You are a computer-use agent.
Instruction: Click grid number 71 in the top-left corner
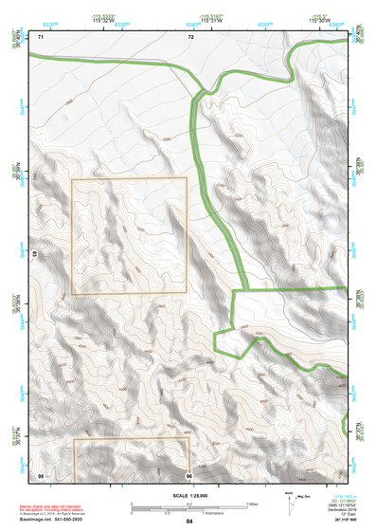pyautogui.click(x=40, y=36)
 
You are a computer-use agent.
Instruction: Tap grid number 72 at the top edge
pyautogui.click(x=190, y=36)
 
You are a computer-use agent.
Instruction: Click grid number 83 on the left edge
pyautogui.click(x=34, y=254)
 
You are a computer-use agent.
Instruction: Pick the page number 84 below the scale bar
pyautogui.click(x=188, y=522)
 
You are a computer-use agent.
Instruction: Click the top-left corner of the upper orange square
pyautogui.click(x=73, y=178)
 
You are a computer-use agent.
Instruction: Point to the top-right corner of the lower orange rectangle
pyautogui.click(x=189, y=438)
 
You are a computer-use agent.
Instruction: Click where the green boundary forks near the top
pyautogui.click(x=201, y=92)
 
